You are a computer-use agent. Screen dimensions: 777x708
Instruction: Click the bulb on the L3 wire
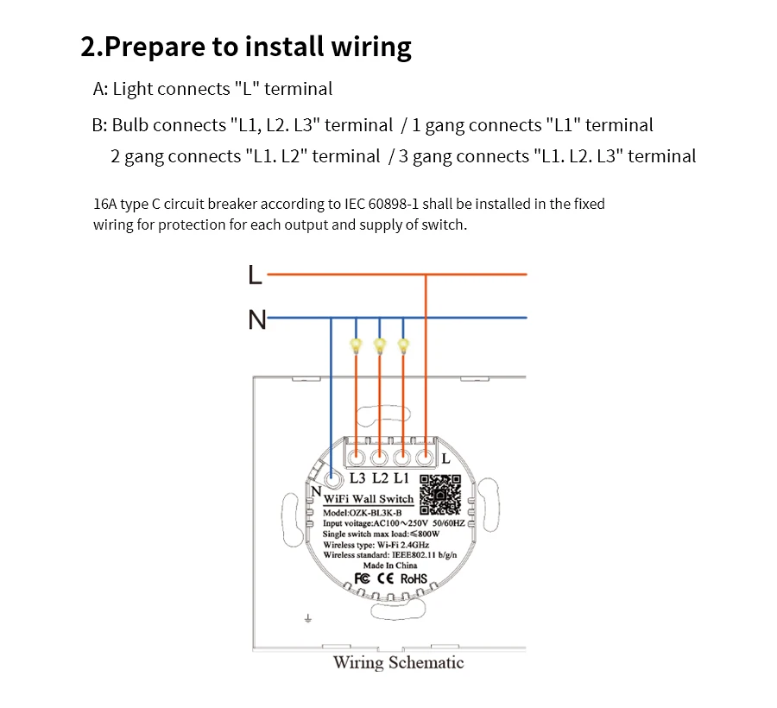[x=356, y=345]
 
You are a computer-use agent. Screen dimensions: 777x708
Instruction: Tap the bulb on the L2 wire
[x=380, y=345]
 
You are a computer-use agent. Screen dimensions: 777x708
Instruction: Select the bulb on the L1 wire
[x=403, y=345]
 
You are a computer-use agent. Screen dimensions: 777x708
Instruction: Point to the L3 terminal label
[x=357, y=478]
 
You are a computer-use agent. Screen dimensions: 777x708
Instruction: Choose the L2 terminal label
[x=380, y=478]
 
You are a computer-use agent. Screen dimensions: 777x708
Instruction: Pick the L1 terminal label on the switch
[x=401, y=478]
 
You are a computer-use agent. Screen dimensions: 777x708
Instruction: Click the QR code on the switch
[x=440, y=495]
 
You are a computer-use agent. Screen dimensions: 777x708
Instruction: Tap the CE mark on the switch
[x=386, y=578]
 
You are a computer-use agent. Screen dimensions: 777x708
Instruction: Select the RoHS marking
[x=414, y=578]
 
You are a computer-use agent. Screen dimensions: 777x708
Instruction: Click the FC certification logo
[x=363, y=578]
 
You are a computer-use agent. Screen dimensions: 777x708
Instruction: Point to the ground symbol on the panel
[x=307, y=618]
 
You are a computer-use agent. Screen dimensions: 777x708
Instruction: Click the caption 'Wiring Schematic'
[x=398, y=662]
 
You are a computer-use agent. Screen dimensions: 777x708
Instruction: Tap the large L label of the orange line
[x=255, y=275]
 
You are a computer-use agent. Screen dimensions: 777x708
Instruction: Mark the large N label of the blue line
[x=257, y=319]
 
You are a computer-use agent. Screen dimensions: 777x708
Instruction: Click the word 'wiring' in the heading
[x=371, y=47]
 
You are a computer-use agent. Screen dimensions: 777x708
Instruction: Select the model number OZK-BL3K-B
[x=376, y=513]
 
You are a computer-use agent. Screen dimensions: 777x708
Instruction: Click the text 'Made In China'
[x=390, y=566]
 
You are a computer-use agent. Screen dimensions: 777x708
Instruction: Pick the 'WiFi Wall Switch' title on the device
[x=369, y=499]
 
